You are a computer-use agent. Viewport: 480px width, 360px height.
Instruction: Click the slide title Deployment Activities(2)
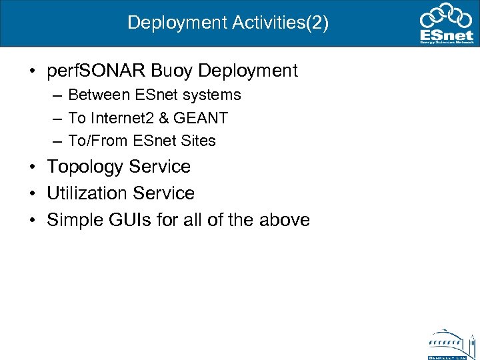228,23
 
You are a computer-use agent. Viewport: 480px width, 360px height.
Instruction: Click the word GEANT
200,118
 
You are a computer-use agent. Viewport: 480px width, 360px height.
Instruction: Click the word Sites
198,141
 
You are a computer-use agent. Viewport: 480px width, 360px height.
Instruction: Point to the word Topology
85,167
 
